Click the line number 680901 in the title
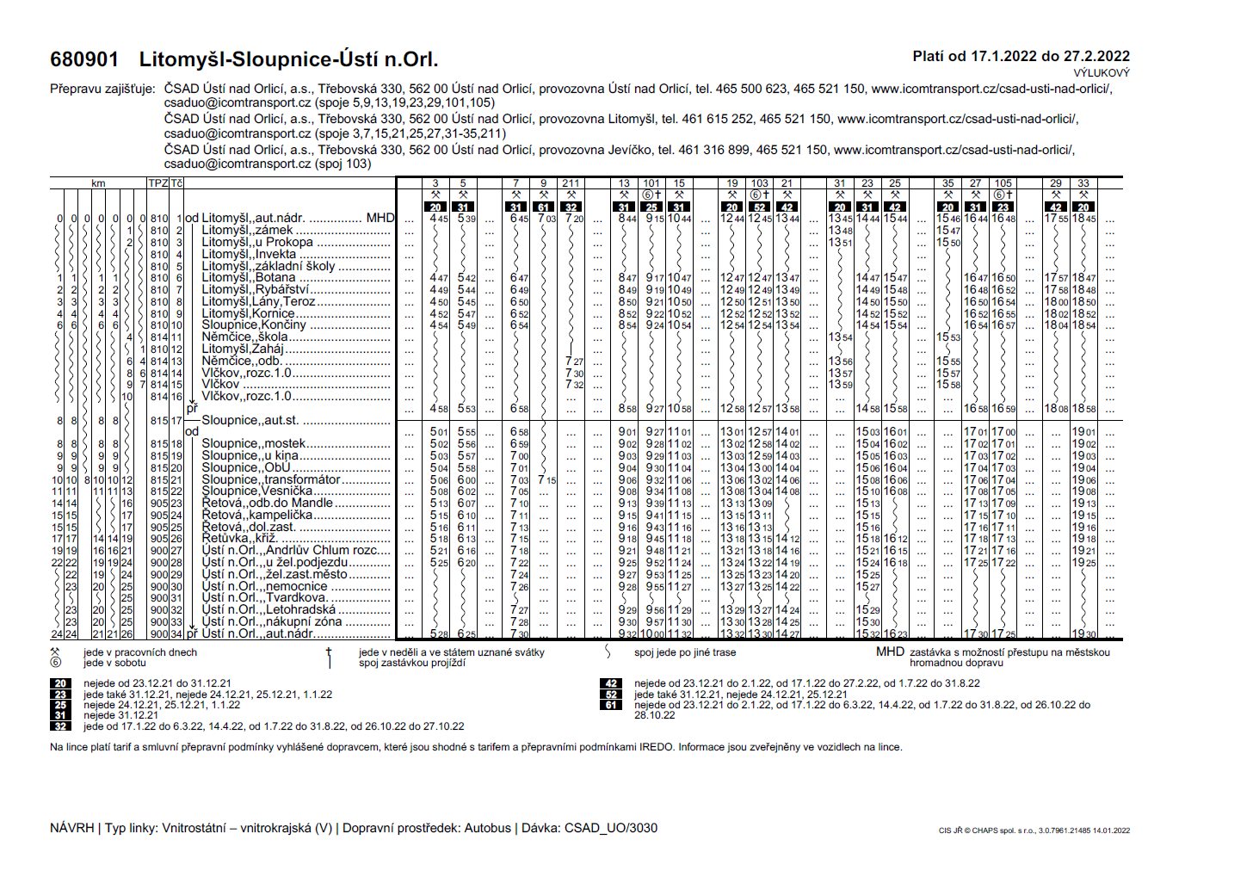pos(84,59)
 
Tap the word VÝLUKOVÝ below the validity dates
pos(1102,73)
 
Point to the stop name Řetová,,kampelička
pos(257,516)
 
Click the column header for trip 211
pos(571,183)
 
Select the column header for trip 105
pos(1003,183)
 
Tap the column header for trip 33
pos(1083,183)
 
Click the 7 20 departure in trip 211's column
pos(574,219)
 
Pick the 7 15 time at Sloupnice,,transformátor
pos(546,480)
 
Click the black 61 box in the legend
pos(611,705)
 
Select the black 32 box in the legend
pos(60,726)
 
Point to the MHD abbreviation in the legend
pos(890,651)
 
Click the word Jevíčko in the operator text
pos(630,150)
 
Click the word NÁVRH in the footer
pos(71,828)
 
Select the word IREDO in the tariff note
pos(657,747)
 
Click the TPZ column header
pos(157,183)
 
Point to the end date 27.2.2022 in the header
pos(1097,56)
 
